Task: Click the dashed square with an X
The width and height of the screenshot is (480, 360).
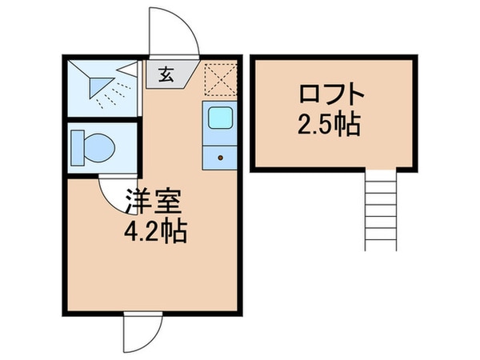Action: (218, 78)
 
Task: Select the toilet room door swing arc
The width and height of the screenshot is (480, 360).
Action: (116, 196)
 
